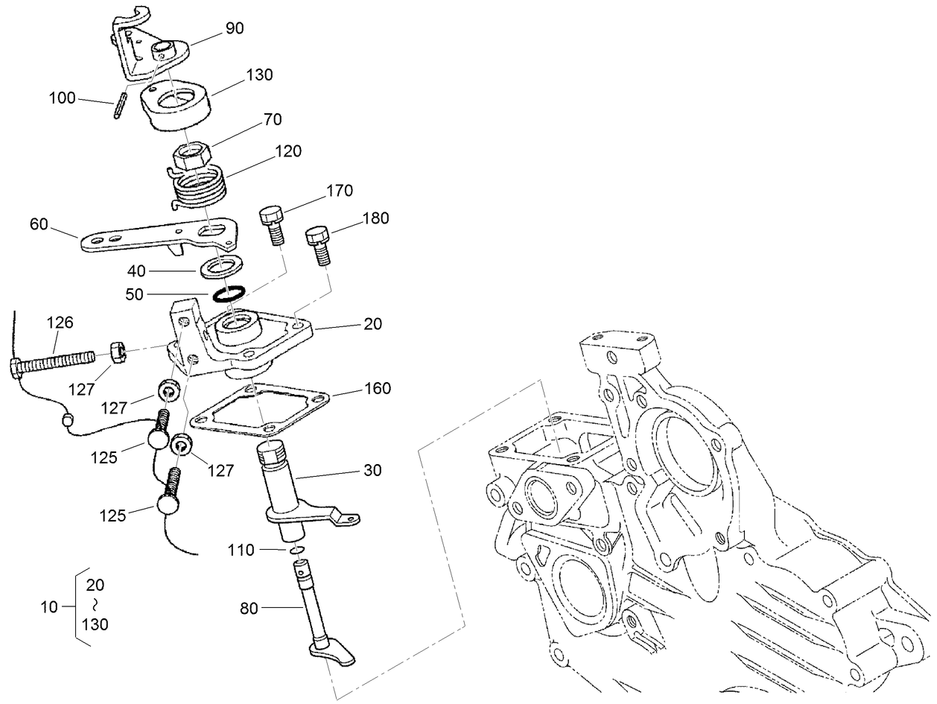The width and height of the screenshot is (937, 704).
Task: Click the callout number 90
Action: coord(234,29)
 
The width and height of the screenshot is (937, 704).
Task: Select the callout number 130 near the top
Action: coord(259,75)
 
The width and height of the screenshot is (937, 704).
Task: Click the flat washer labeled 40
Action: coord(221,265)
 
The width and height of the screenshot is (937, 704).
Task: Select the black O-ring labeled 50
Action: coord(226,294)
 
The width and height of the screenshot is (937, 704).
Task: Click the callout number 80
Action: coord(249,609)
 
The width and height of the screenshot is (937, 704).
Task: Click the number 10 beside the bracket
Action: coord(49,607)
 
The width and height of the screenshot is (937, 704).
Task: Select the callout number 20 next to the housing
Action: coord(372,324)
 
